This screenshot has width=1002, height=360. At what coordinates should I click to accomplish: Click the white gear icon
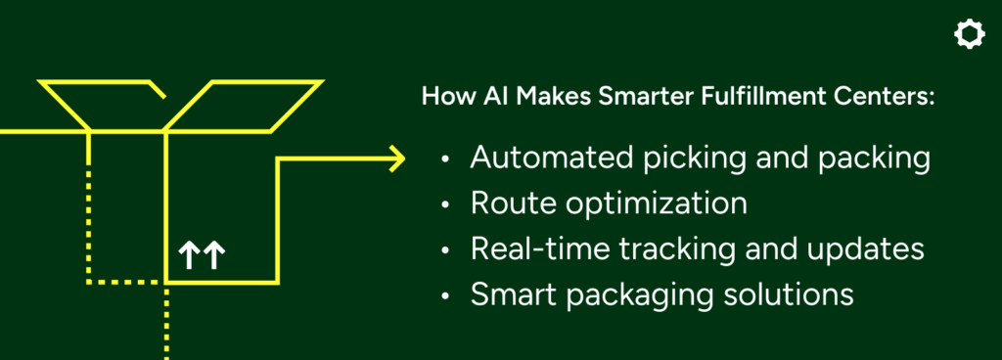969,34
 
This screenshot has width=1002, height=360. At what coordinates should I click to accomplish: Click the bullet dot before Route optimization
445,205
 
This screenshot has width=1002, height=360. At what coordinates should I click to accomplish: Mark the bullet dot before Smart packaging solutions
445,296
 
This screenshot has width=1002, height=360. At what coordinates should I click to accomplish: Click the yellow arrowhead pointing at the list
397,158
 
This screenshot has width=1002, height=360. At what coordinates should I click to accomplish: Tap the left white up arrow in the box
187,255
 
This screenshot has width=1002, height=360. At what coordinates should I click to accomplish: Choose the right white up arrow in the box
214,255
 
